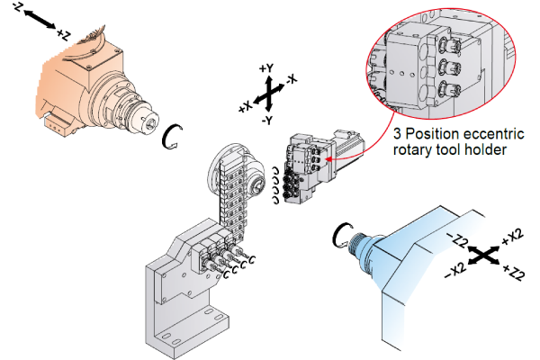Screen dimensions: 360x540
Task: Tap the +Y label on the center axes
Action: tap(265, 68)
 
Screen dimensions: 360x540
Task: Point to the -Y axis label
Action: tap(267, 119)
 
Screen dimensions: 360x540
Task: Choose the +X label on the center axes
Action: tap(245, 106)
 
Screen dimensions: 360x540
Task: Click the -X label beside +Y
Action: tap(291, 78)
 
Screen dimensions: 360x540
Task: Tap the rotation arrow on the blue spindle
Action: tap(341, 236)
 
